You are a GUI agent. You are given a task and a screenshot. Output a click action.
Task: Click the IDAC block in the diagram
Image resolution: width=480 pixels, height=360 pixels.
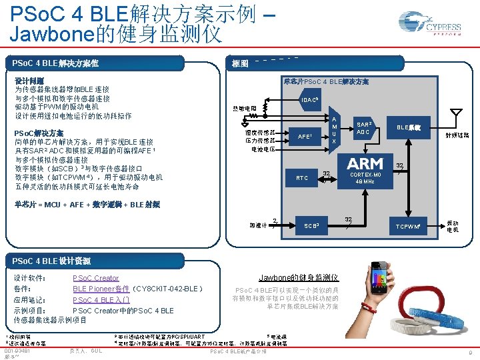309,101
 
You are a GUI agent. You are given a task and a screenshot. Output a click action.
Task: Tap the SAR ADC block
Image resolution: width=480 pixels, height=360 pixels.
363,127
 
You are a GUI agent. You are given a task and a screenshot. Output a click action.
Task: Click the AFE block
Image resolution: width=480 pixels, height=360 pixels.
304,137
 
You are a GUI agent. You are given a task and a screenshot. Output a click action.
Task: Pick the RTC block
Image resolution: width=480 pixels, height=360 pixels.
302,178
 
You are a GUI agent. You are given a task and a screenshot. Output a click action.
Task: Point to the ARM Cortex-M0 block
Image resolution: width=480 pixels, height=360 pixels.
365,171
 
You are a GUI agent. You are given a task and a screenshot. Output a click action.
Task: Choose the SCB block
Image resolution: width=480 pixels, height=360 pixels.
311,226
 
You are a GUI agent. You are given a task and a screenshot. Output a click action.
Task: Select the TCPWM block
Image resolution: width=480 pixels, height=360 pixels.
407,227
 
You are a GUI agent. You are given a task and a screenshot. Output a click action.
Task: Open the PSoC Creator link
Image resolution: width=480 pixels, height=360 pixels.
95,278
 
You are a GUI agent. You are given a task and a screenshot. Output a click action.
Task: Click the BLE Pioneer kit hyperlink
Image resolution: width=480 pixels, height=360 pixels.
101,289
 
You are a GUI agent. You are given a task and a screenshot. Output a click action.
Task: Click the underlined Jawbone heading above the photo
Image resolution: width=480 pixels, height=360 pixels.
298,277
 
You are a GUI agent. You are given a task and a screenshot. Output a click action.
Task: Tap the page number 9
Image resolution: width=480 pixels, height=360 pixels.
471,351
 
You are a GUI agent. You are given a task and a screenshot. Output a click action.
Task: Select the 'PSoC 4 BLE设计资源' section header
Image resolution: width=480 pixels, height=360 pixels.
57,260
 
